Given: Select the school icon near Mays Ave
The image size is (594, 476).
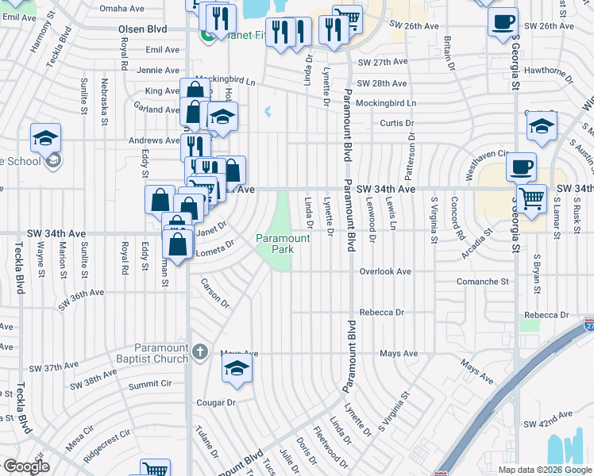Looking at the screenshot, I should (x=237, y=369).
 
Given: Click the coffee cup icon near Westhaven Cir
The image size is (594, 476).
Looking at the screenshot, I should (x=521, y=167).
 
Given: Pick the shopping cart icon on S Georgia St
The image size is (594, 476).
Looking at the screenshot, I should (x=531, y=198).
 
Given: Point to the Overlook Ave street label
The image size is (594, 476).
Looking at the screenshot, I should (x=385, y=271).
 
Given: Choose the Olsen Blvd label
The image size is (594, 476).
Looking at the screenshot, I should (x=143, y=29).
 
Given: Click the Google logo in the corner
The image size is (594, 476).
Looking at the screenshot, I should (x=26, y=466).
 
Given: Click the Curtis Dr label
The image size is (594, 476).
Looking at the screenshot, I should (x=397, y=123).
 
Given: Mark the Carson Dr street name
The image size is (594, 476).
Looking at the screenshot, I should (x=214, y=293).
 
